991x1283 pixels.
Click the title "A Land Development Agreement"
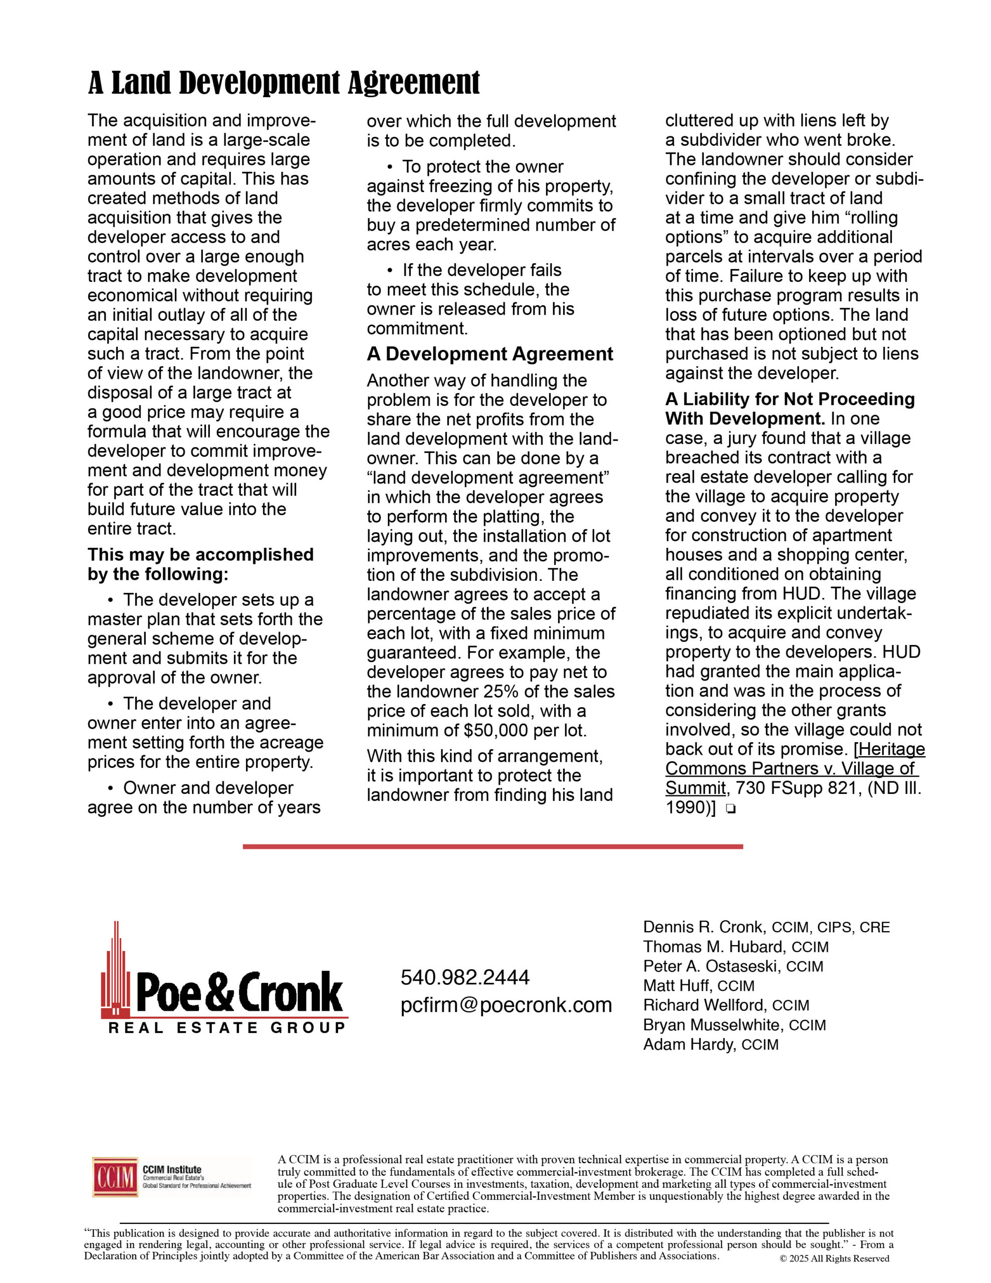tap(284, 83)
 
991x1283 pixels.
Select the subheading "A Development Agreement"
tap(489, 354)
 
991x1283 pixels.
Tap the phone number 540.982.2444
tap(464, 977)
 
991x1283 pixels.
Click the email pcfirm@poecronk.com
tap(506, 1005)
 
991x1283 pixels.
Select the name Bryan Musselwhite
tap(713, 1024)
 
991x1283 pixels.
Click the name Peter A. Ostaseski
tap(711, 966)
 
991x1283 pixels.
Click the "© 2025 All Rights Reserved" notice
tap(834, 1258)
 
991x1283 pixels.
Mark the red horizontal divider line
tap(492, 846)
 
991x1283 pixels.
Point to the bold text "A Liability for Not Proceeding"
tap(790, 399)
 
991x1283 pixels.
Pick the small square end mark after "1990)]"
tap(730, 809)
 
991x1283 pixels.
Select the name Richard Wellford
tap(706, 1005)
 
